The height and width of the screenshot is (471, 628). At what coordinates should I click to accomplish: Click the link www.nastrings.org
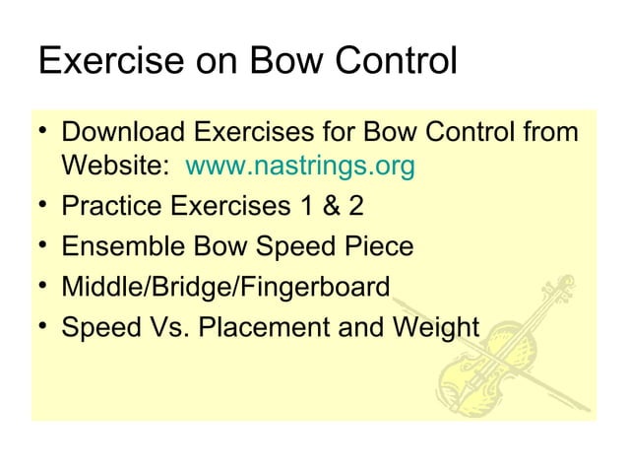299,168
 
